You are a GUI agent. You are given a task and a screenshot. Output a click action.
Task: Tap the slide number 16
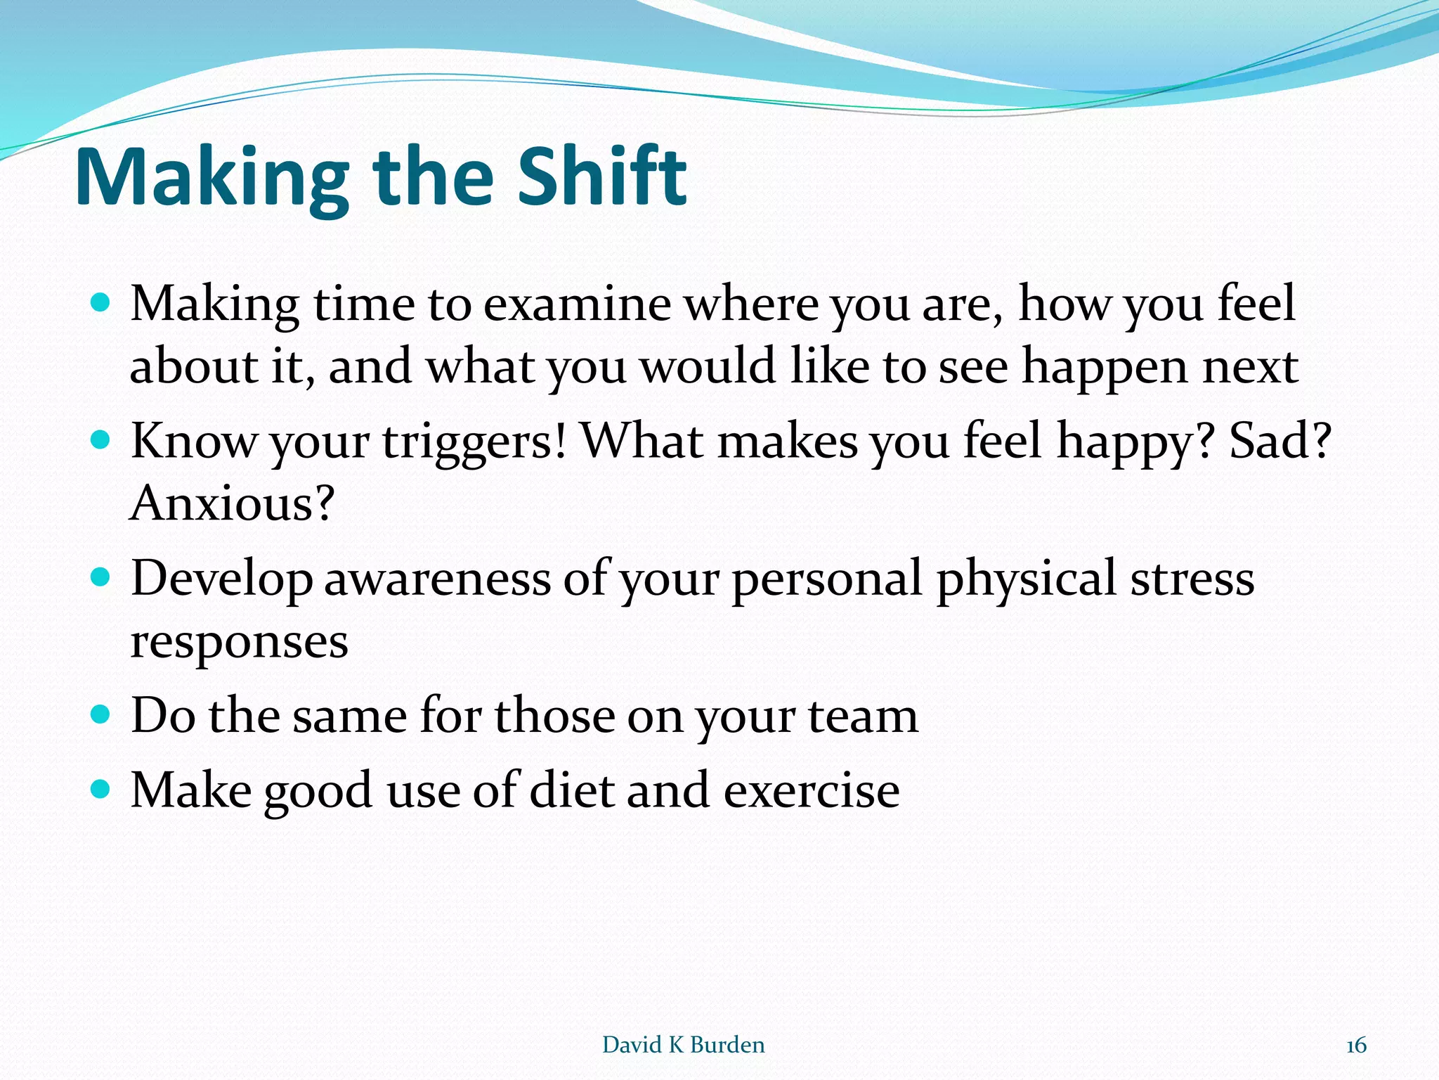[x=1356, y=1046]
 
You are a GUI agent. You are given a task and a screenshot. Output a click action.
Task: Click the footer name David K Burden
[x=683, y=1045]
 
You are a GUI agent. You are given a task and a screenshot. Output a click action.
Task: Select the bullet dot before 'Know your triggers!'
[x=101, y=440]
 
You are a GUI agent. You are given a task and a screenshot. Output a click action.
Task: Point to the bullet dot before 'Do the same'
[x=101, y=715]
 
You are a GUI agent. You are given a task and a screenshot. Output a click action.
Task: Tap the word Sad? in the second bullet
[x=1280, y=441]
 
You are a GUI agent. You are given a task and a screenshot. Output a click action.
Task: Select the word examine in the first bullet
[x=577, y=304]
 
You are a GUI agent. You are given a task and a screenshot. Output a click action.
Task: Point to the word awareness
[x=437, y=579]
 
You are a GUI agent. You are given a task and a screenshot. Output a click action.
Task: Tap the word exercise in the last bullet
[x=812, y=790]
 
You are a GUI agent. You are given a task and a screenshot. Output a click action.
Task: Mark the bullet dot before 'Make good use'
[x=101, y=789]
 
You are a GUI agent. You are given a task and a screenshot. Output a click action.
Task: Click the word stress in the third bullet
[x=1192, y=579]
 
